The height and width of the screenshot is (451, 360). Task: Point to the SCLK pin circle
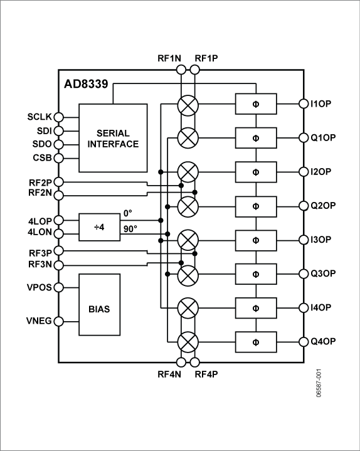point(58,117)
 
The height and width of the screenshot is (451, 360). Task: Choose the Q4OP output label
point(324,342)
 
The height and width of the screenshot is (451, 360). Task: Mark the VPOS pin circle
point(58,287)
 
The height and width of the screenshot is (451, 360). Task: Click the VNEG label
point(39,322)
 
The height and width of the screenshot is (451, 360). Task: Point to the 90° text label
point(130,228)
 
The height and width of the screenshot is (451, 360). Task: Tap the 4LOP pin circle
point(58,220)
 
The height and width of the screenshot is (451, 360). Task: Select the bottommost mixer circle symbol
point(188,342)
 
